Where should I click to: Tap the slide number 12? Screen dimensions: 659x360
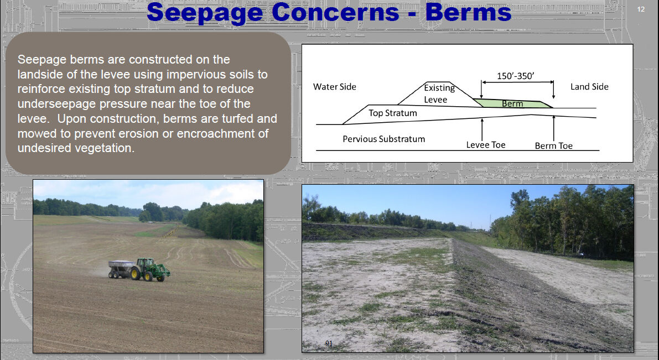click(x=641, y=9)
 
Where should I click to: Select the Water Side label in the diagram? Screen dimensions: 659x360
click(x=335, y=87)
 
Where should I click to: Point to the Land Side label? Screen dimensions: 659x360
click(x=589, y=87)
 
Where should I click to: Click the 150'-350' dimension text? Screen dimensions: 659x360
click(x=516, y=76)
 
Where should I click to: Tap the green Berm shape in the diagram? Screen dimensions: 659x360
click(x=513, y=103)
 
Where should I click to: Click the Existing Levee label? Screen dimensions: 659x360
click(x=439, y=93)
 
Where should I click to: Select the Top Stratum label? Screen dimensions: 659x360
click(x=392, y=113)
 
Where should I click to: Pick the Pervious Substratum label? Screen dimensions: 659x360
click(x=383, y=139)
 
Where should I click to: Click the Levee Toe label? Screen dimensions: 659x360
click(x=485, y=145)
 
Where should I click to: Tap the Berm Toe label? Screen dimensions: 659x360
click(x=553, y=146)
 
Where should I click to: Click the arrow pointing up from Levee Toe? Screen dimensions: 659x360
click(x=482, y=129)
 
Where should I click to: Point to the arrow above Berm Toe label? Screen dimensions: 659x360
click(x=553, y=128)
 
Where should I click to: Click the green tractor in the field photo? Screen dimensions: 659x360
click(x=149, y=269)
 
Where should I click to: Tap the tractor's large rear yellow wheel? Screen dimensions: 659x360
click(x=136, y=274)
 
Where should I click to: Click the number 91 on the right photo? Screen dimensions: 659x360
click(x=329, y=343)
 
